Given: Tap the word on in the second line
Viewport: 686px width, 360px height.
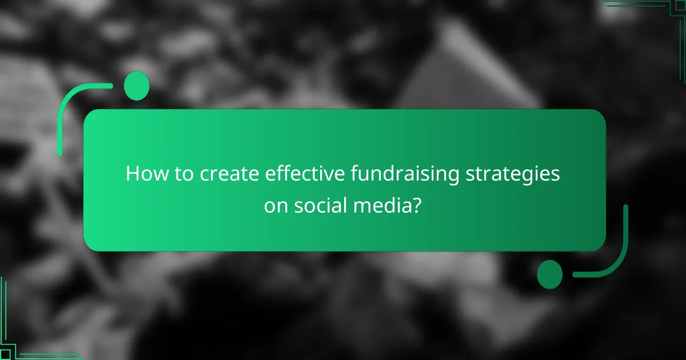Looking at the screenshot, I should click(x=276, y=206).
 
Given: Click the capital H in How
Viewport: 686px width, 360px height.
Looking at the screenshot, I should click(x=132, y=174).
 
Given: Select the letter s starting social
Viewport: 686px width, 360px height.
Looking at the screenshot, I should click(x=299, y=207).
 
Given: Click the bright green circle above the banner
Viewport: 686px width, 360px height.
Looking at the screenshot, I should click(x=137, y=86).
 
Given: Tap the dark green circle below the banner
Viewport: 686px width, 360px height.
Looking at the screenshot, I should click(x=549, y=274).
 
